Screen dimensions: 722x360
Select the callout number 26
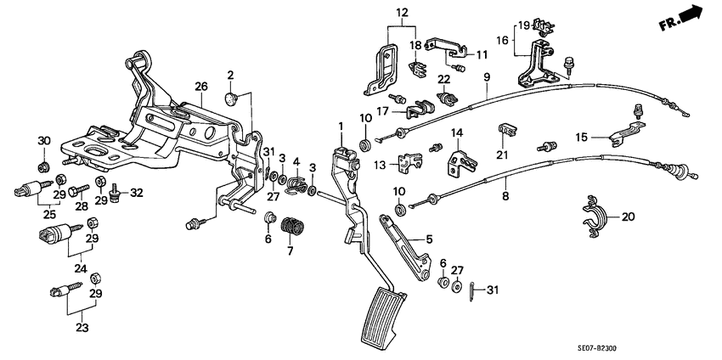(x=201, y=86)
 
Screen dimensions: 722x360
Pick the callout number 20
(x=628, y=217)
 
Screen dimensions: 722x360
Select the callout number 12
(x=402, y=13)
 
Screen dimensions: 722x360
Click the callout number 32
(x=137, y=193)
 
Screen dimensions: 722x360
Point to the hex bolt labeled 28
(x=79, y=190)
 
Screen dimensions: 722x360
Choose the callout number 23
(x=82, y=328)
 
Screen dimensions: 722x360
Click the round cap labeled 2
(x=233, y=97)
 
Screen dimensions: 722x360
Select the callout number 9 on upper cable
(x=488, y=77)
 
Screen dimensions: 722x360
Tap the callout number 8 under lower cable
(x=505, y=195)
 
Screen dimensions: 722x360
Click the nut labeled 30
(x=43, y=166)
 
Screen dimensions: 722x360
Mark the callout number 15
(x=582, y=137)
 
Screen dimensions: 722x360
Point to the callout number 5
(x=429, y=239)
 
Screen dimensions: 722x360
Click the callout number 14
(x=456, y=133)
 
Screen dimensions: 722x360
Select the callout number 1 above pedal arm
(x=341, y=125)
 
